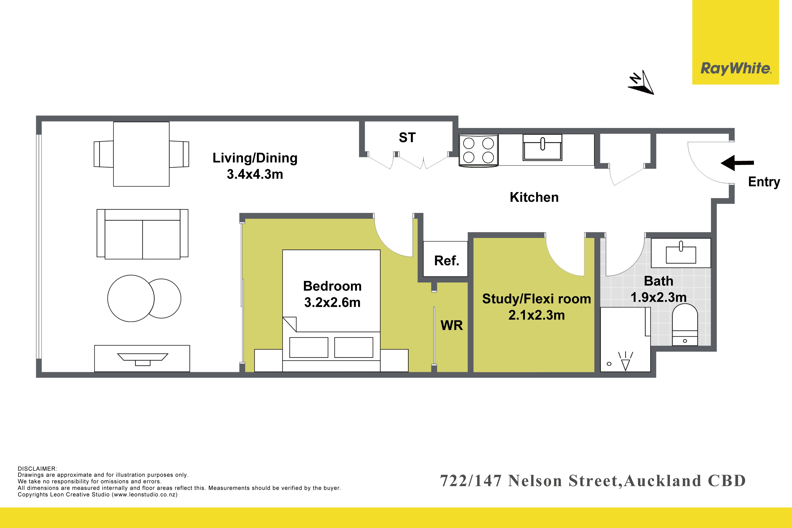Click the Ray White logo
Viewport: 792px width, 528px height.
736,69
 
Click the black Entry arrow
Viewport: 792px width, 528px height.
737,163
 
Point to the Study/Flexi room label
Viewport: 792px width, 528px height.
536,299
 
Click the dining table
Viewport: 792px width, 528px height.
141,154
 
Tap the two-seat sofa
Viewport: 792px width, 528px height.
142,234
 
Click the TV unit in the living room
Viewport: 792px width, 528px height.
142,358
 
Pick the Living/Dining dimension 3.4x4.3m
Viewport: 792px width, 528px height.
255,174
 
